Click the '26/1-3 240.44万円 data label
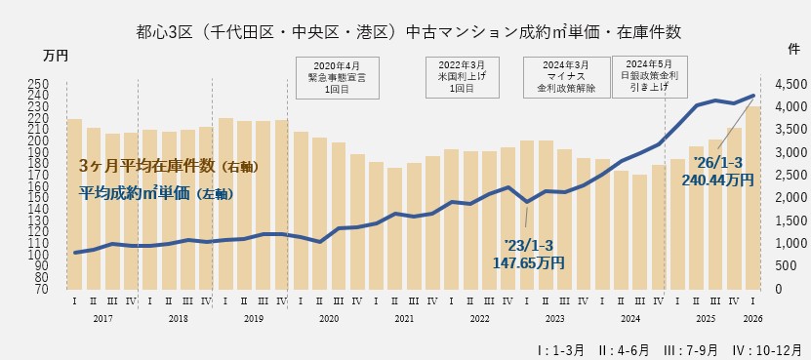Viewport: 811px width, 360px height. pos(723,172)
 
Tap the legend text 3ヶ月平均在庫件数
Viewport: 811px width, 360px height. pos(168,167)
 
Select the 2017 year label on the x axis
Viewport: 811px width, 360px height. pos(102,318)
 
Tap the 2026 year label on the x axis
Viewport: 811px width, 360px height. pos(752,318)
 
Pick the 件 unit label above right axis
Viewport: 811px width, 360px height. pos(793,47)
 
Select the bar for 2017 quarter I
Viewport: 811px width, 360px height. pos(74,204)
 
